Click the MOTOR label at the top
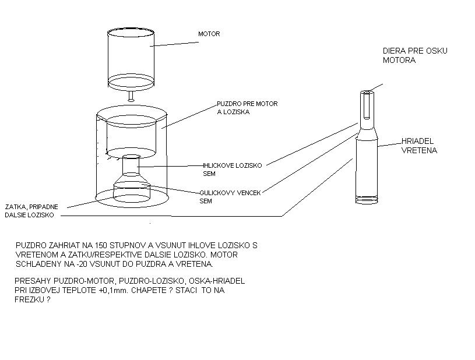(209, 34)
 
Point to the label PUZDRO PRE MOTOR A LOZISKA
(247, 108)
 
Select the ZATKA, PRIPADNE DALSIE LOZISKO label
(31, 211)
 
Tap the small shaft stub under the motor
(131, 94)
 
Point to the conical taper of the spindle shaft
(367, 135)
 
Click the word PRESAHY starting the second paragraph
(33, 281)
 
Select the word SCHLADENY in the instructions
(39, 264)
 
